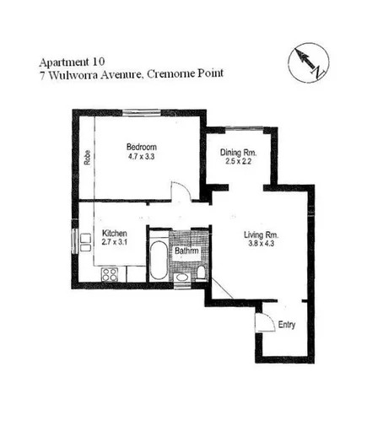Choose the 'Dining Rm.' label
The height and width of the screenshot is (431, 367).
[239, 152]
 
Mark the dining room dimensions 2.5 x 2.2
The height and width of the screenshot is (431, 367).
[239, 163]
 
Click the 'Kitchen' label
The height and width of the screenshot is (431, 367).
[115, 234]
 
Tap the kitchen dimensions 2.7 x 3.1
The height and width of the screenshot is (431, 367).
[115, 244]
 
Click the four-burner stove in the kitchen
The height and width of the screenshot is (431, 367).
[110, 273]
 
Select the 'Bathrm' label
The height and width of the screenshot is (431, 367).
[186, 251]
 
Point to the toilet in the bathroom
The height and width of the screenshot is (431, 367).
[201, 272]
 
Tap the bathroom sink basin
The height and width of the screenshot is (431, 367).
[181, 275]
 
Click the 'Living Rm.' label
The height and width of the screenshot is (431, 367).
[261, 234]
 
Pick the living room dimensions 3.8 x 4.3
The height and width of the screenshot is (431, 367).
[261, 245]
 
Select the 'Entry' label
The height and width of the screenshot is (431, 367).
[287, 324]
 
